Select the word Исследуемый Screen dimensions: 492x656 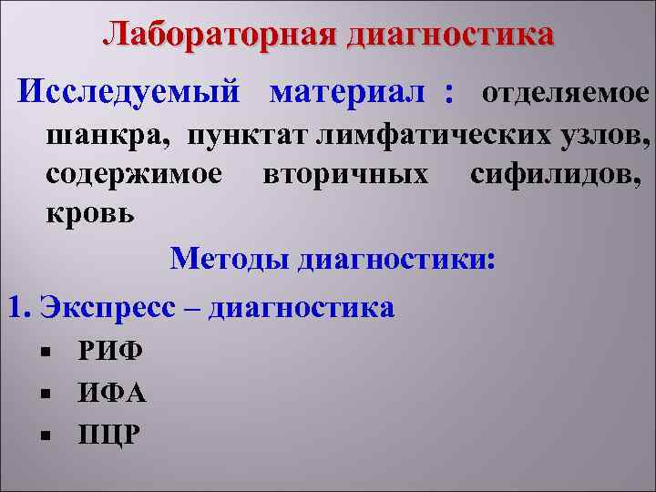point(130,92)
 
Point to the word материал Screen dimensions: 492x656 point(348,92)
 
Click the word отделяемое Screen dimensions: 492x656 point(565,93)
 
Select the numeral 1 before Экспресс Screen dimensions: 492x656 point(13,307)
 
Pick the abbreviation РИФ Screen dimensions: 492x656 point(105,351)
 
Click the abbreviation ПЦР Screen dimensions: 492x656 point(108,434)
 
